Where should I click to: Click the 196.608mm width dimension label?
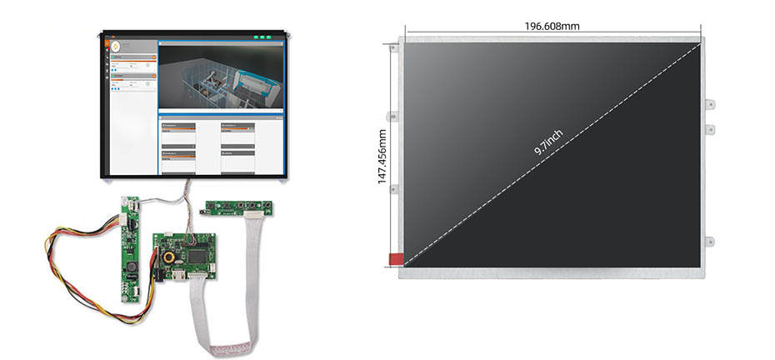[552, 26]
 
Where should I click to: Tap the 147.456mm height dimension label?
[383, 157]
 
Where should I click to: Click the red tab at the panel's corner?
[395, 260]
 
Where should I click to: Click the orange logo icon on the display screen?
[115, 46]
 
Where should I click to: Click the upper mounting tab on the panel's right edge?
[709, 104]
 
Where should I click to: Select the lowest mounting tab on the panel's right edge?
[709, 242]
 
